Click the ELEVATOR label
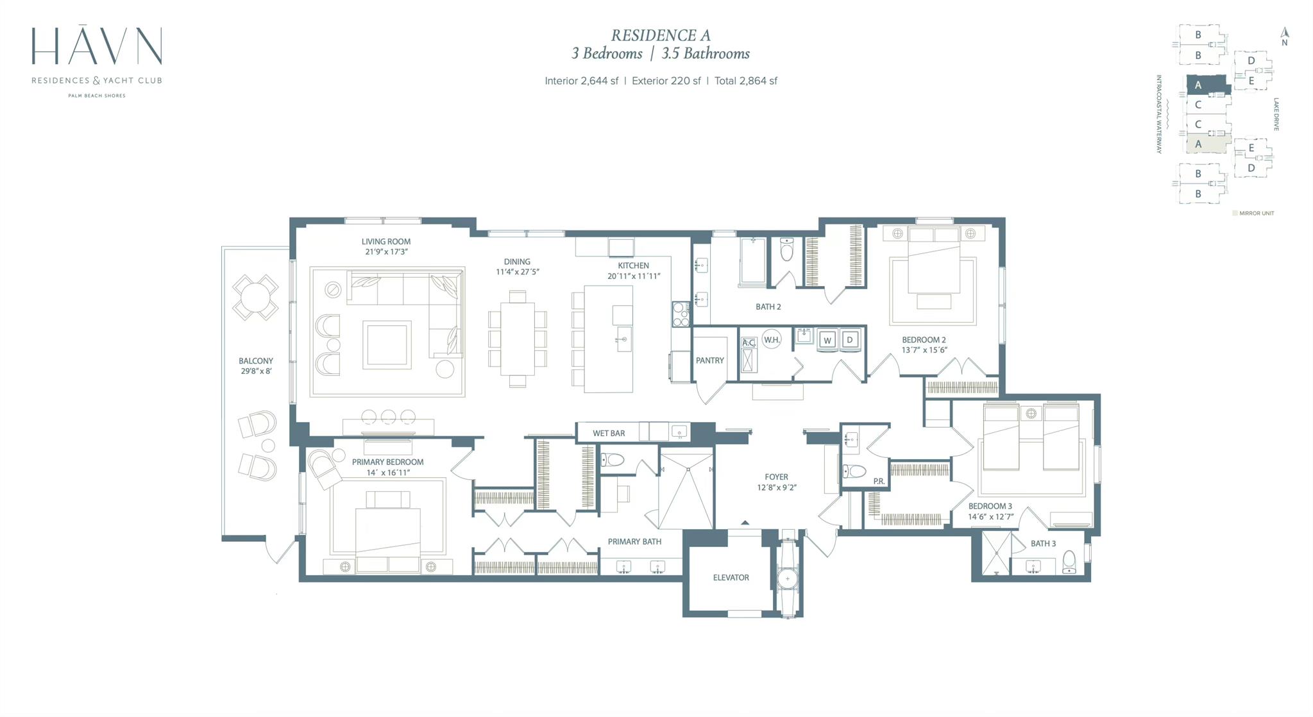(731, 578)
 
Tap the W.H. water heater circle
(772, 340)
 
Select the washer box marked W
(827, 341)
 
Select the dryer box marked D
(850, 340)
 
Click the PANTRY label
(709, 360)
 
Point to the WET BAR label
(608, 434)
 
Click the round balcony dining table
(255, 298)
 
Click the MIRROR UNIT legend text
(1257, 214)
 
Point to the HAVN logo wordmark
(97, 46)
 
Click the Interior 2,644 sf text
(581, 81)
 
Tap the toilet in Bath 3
(1069, 562)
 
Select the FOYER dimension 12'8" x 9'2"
(776, 487)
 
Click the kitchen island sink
(622, 339)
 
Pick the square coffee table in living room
(387, 345)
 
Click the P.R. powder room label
(879, 481)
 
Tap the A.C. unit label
(749, 343)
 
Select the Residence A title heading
(661, 35)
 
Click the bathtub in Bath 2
(753, 261)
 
